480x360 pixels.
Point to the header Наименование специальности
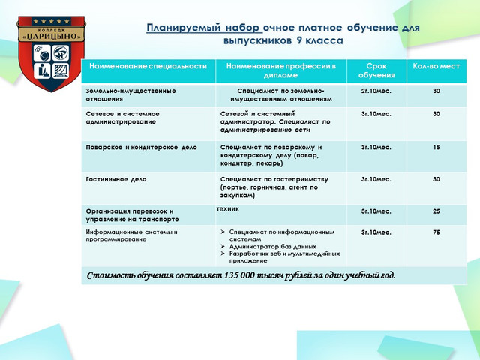click(x=148, y=66)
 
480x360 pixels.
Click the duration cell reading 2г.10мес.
click(x=376, y=91)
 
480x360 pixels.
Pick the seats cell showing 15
click(x=436, y=147)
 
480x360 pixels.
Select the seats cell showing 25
click(x=436, y=211)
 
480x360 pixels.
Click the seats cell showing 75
click(x=436, y=232)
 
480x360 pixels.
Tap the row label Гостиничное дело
click(x=116, y=180)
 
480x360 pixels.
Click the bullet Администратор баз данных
click(x=272, y=246)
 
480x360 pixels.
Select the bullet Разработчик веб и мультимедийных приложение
click(x=277, y=256)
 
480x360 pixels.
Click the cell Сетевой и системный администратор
click(x=275, y=117)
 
